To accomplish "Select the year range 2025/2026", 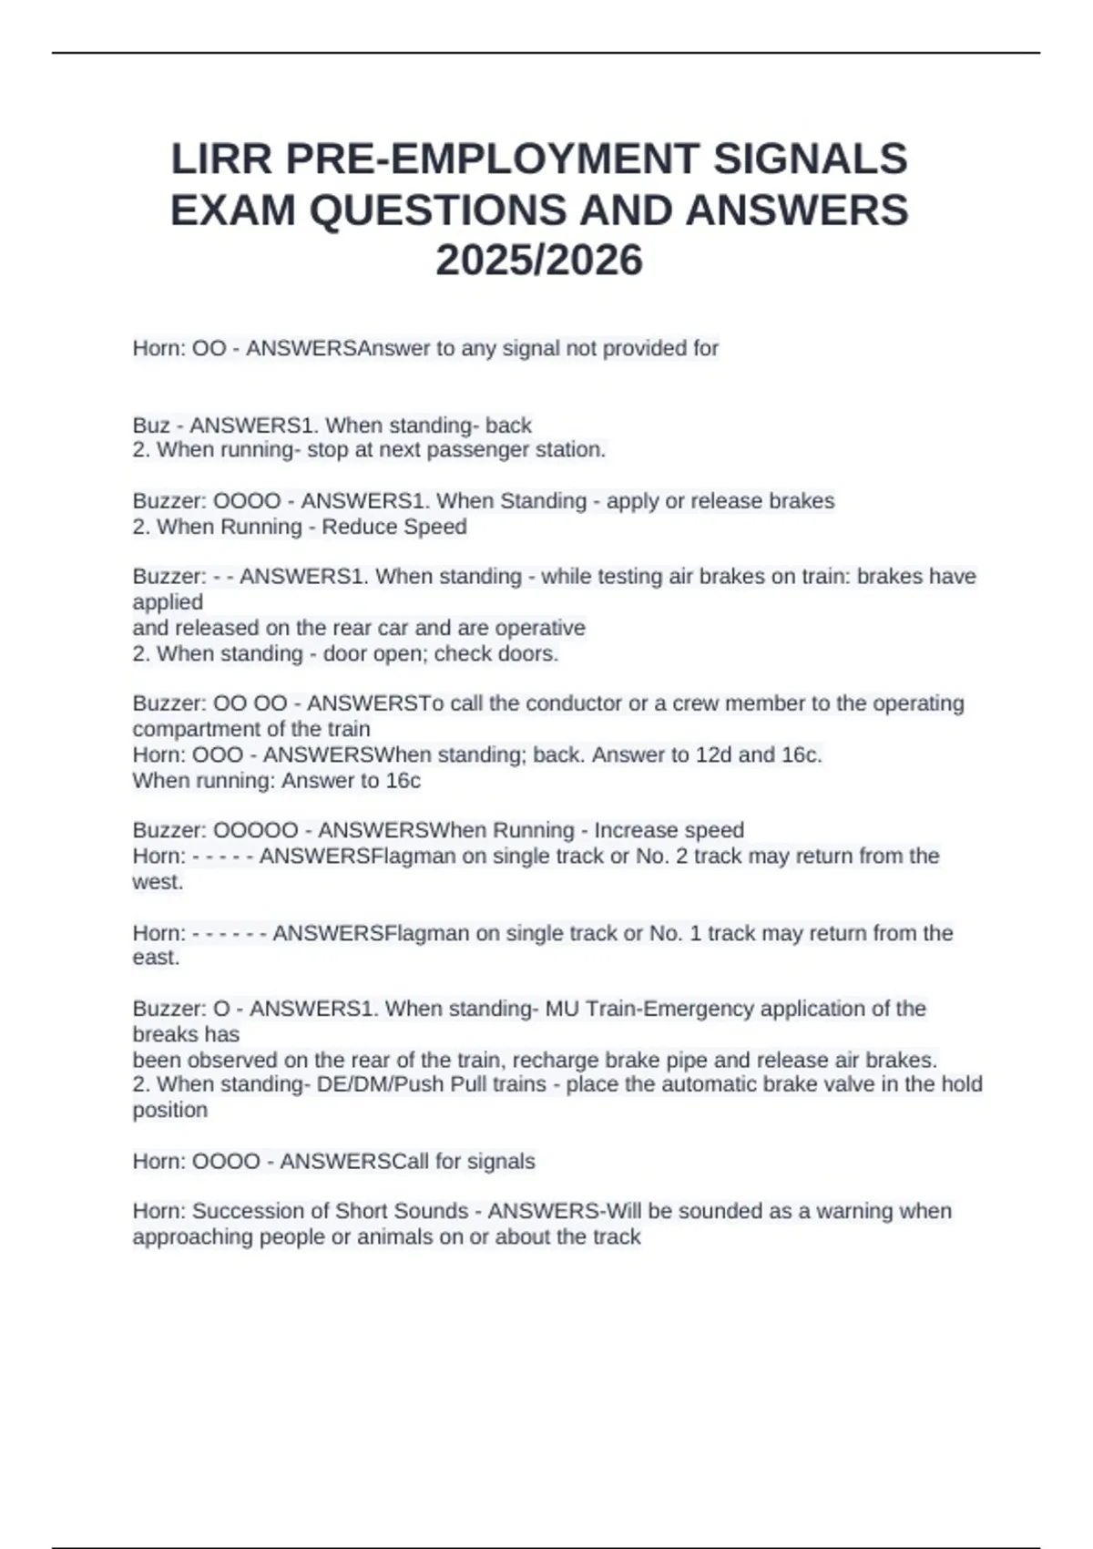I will (x=539, y=261).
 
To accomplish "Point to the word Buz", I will (x=151, y=426).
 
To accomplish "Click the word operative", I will (x=540, y=628).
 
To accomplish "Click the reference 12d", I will (x=714, y=754).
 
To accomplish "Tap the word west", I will (x=157, y=882).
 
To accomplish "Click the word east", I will (x=156, y=958).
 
